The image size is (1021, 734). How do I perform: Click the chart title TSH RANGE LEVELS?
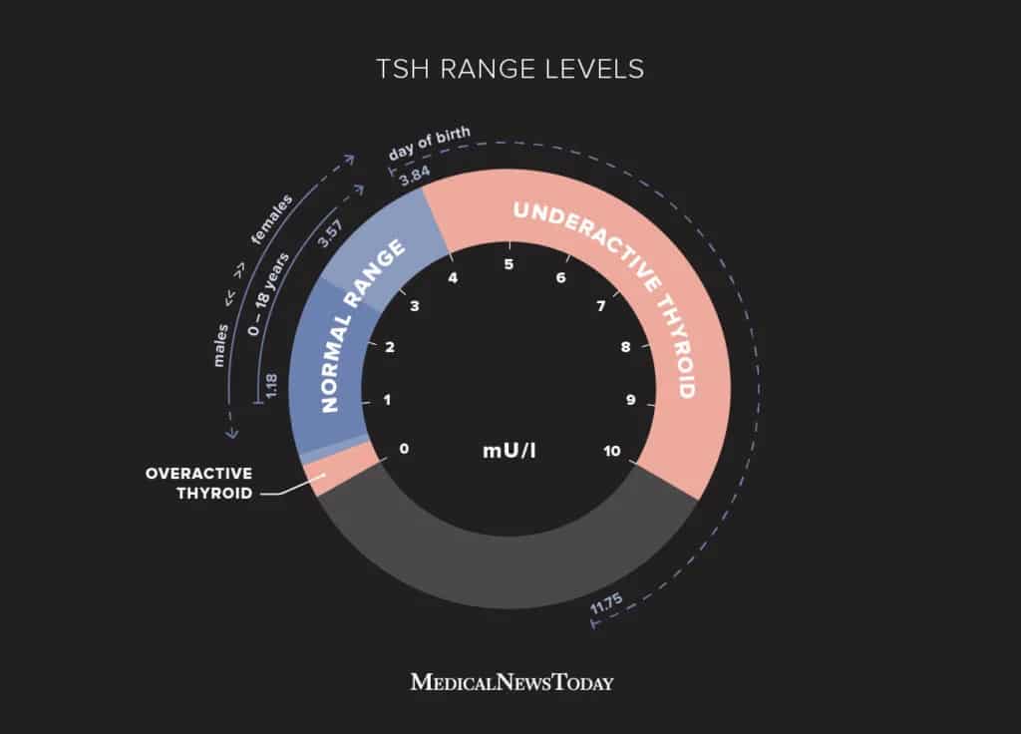point(510,69)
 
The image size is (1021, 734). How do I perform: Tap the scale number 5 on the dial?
point(509,264)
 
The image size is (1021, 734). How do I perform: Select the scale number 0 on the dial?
point(405,449)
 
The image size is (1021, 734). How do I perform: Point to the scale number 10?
point(612,451)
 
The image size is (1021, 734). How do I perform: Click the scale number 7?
point(601,305)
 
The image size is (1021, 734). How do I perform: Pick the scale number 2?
point(390,347)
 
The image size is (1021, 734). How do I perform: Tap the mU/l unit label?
point(510,451)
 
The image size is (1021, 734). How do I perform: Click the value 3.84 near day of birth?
point(415,176)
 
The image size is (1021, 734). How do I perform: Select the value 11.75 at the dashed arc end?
point(606,603)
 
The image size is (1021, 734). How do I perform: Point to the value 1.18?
point(271,386)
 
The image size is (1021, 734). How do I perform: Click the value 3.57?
point(329,233)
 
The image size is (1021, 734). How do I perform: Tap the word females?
point(271,219)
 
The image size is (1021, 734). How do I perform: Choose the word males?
point(220,345)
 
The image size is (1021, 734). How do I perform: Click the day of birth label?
point(429,144)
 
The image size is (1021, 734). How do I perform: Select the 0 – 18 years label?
point(267,294)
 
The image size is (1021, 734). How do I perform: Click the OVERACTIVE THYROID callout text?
point(199,484)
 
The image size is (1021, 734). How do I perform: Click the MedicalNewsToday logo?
point(511,682)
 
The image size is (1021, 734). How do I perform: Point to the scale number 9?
point(630,399)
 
